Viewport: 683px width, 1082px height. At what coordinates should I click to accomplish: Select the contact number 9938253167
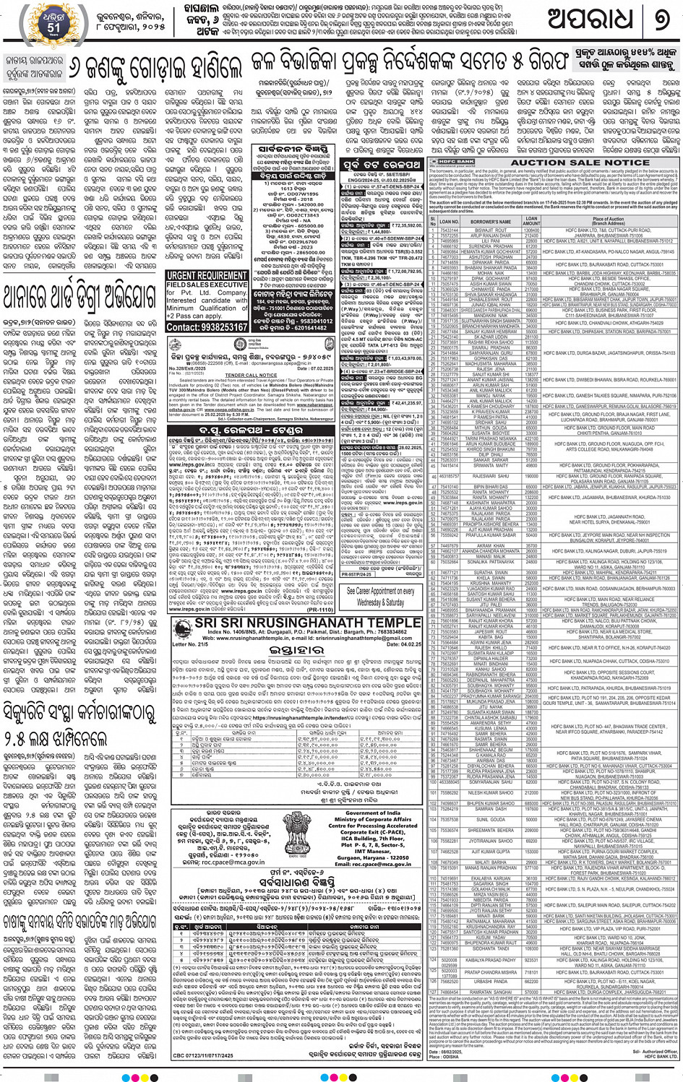coord(216,326)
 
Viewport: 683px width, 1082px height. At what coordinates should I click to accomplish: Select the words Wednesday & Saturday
coord(379,602)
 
